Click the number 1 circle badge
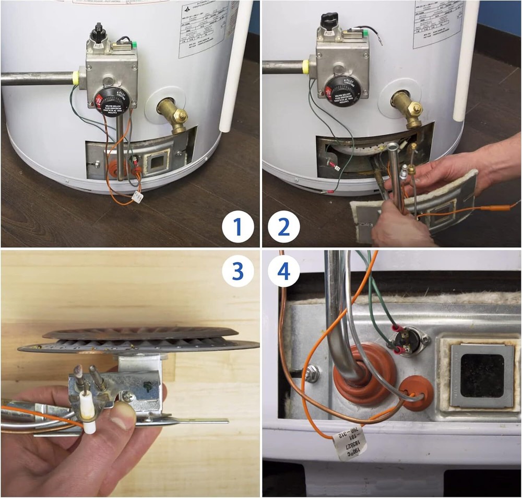(238, 228)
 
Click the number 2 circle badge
(284, 228)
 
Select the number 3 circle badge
(238, 271)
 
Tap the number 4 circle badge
(284, 271)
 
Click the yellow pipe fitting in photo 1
(79, 77)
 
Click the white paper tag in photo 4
(349, 442)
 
